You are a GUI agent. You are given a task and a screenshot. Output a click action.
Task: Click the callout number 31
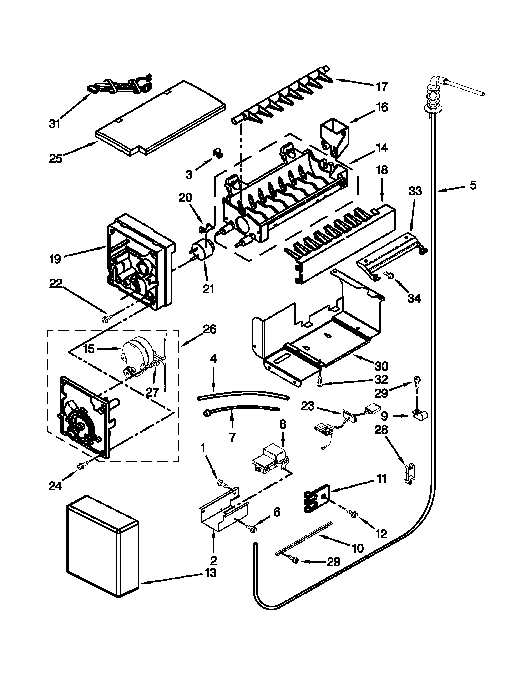(x=54, y=124)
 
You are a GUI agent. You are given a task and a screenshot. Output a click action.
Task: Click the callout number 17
(x=382, y=87)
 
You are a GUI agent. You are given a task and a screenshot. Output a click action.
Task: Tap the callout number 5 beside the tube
(x=473, y=185)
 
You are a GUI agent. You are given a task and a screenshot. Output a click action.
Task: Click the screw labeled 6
(x=252, y=528)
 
